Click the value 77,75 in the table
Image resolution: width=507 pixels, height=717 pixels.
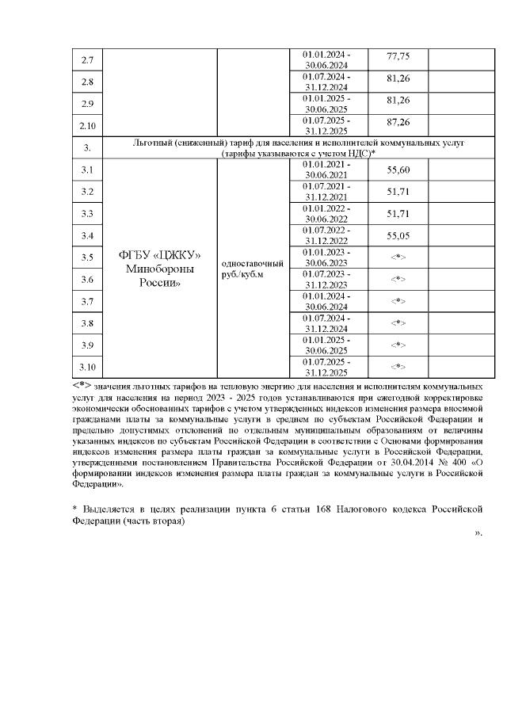click(397, 57)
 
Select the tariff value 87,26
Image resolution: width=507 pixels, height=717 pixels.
click(397, 123)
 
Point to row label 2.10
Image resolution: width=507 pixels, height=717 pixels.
click(88, 125)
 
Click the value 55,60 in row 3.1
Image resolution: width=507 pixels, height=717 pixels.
click(397, 170)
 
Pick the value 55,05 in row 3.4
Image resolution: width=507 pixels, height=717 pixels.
click(397, 235)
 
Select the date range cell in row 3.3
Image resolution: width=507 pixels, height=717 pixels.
click(326, 213)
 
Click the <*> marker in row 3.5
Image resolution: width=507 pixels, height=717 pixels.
click(398, 257)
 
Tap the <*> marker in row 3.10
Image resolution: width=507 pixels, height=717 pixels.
click(398, 367)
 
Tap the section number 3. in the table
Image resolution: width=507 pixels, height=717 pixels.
click(88, 147)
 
